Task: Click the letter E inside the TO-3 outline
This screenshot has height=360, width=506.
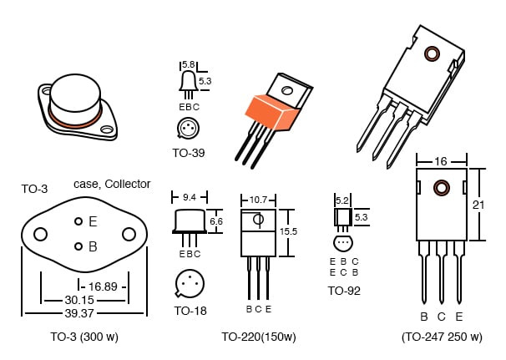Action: coord(93,221)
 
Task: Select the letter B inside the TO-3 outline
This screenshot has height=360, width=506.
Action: coord(93,246)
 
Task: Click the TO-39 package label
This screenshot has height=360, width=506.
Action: coord(189,153)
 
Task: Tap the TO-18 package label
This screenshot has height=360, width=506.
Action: coord(190,311)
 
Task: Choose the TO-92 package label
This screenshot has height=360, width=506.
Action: coord(344,291)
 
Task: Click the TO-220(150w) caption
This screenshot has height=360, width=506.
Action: coord(259,337)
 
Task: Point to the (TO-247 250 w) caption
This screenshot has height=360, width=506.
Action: coord(442,337)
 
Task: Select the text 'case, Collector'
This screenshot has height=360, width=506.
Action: coord(112,184)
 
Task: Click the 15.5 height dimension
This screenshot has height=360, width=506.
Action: coord(288,231)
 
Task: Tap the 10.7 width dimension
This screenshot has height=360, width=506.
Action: coord(258,200)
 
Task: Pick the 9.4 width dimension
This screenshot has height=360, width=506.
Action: coord(190,198)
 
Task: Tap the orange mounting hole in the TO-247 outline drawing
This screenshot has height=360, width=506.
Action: coord(439,187)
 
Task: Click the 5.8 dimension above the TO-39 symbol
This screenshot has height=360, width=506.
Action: coord(188,64)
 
